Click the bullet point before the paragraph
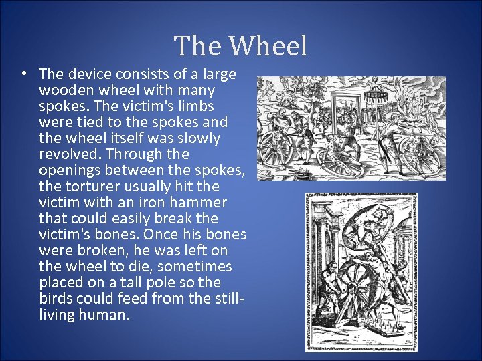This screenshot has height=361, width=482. pyautogui.click(x=23, y=74)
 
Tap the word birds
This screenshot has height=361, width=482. pyautogui.click(x=58, y=298)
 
